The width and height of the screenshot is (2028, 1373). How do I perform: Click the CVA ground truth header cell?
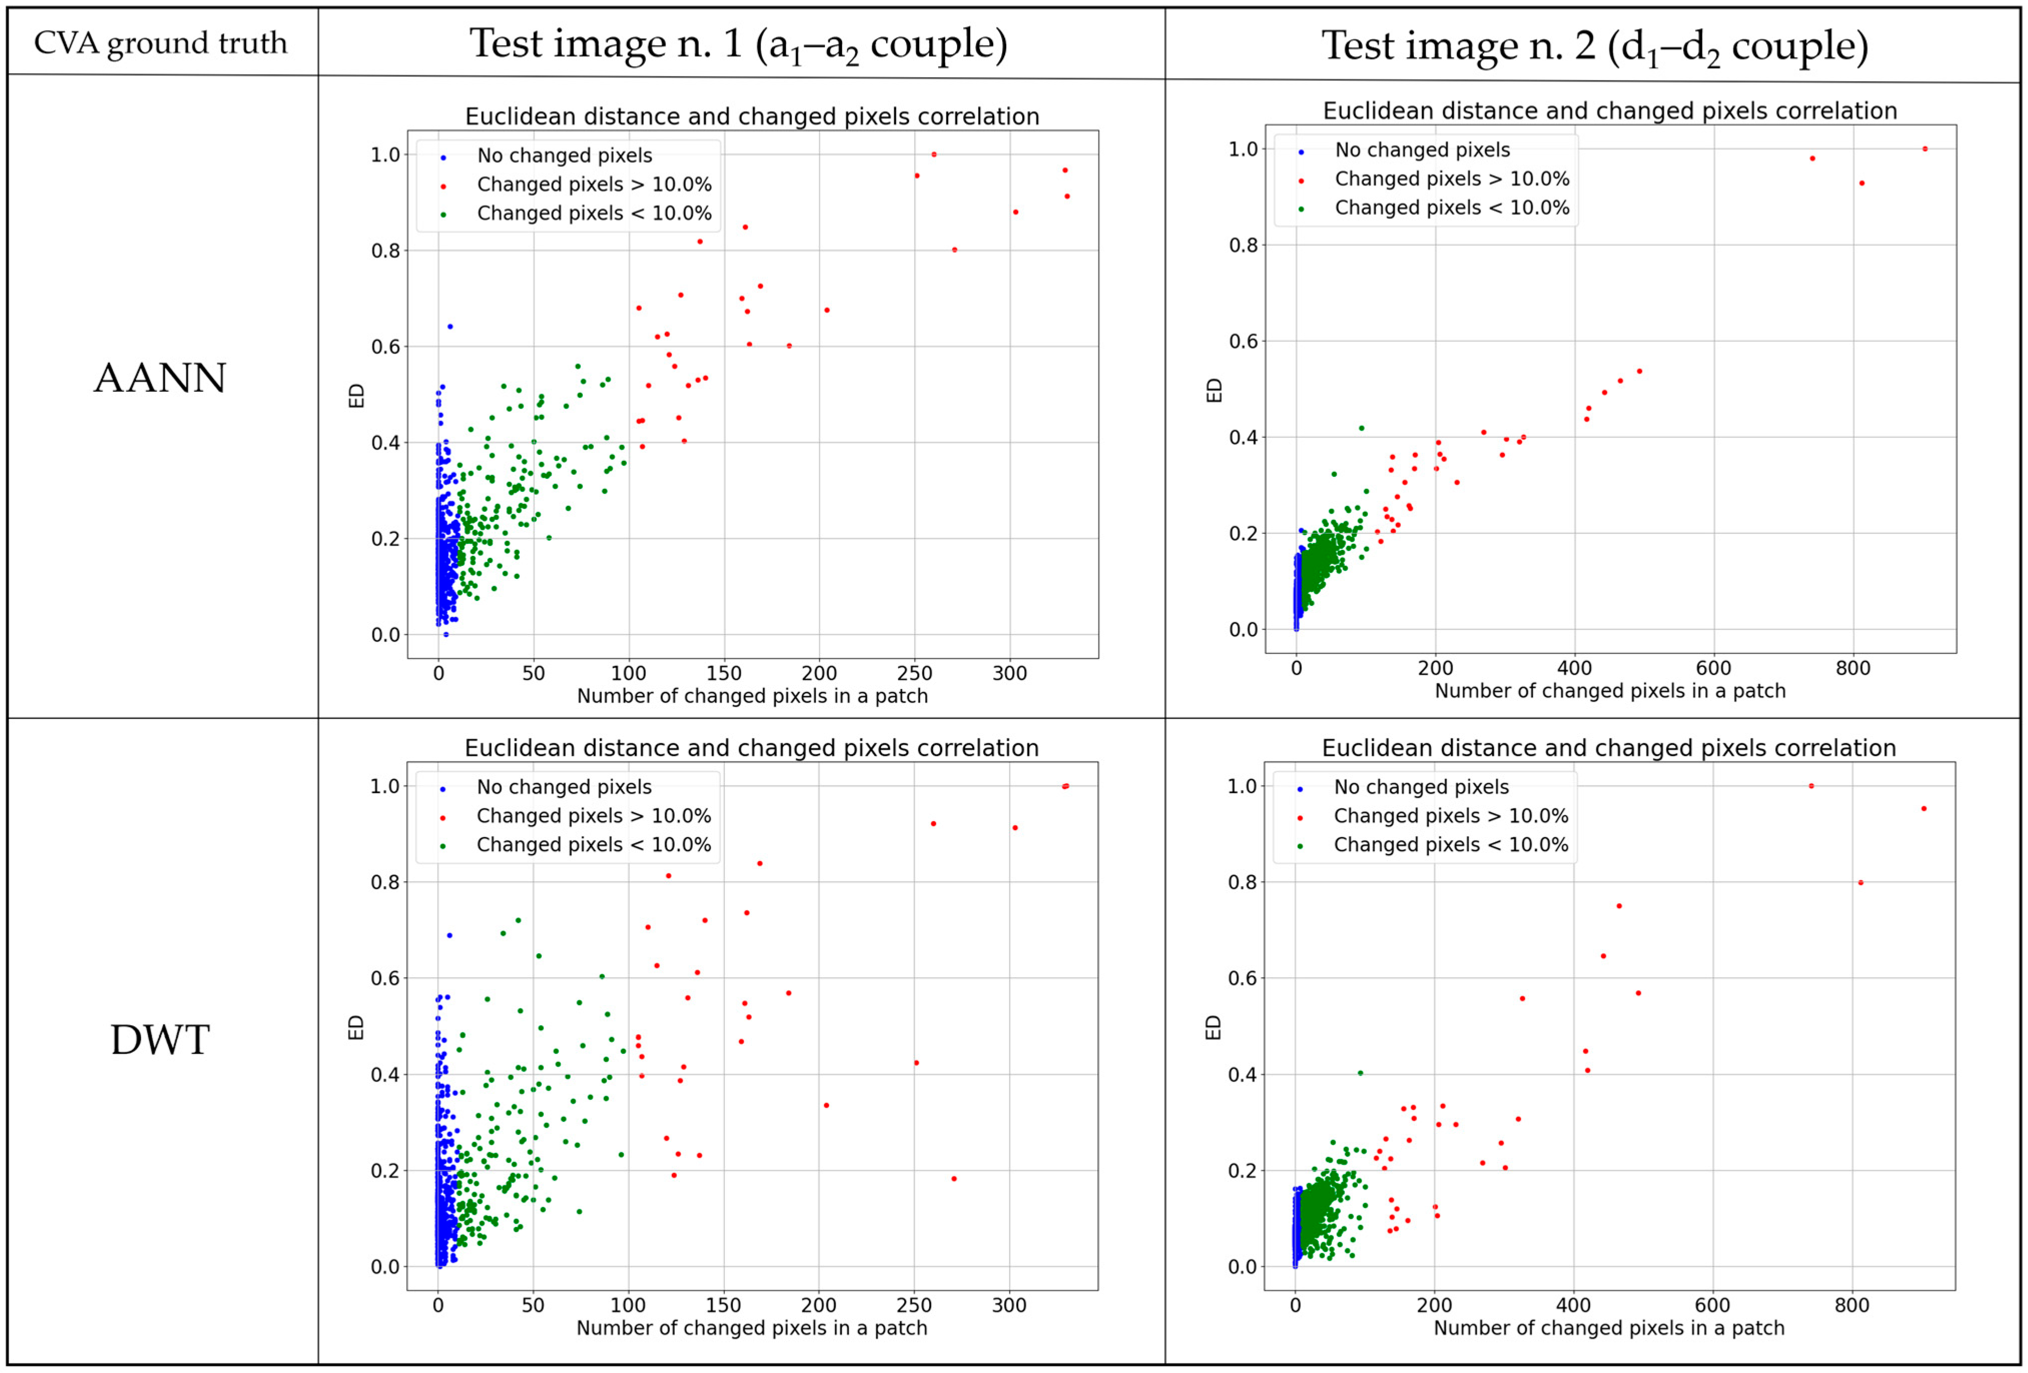(x=161, y=43)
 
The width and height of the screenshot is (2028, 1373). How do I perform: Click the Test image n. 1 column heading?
(x=738, y=44)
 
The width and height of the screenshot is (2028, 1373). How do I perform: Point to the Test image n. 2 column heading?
(x=1594, y=46)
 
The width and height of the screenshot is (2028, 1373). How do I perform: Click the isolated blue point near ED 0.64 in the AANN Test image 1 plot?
(x=450, y=326)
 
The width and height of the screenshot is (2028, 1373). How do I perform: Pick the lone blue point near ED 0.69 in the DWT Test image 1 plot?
(x=450, y=935)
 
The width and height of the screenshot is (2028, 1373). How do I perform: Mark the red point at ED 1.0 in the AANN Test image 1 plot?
(x=934, y=155)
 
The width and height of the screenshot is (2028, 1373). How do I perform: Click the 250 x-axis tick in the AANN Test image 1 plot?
(x=915, y=673)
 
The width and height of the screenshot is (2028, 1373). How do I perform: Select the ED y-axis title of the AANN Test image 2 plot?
(x=1214, y=390)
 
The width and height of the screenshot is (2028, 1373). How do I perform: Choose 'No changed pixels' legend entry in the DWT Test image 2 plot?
(x=1421, y=787)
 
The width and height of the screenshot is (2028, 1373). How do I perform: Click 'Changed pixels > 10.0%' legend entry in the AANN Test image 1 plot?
(x=593, y=184)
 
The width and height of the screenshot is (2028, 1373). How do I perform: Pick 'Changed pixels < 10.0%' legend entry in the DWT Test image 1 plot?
(x=593, y=845)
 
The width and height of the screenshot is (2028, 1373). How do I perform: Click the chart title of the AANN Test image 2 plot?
(x=1610, y=111)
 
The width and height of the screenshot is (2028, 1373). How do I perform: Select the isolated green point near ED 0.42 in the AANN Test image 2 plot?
(x=1361, y=428)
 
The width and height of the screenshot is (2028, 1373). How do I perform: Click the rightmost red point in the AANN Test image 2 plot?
(x=1925, y=149)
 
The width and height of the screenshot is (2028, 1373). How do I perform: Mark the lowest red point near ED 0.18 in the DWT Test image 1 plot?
(x=954, y=1178)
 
